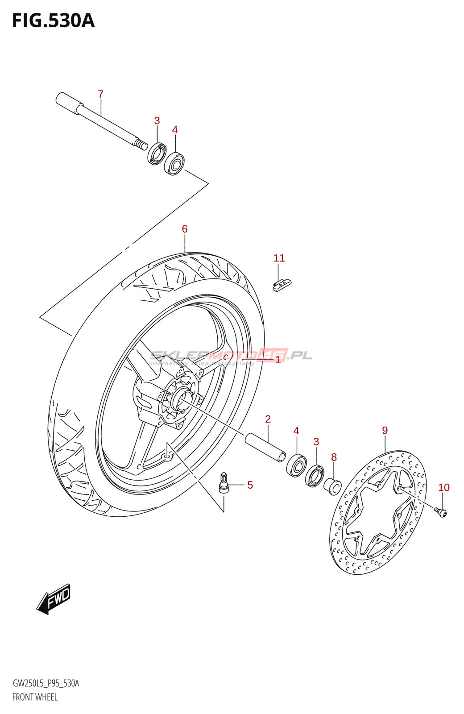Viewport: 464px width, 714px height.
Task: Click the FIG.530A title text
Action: (x=53, y=21)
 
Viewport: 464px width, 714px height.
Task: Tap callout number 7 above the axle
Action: (x=101, y=94)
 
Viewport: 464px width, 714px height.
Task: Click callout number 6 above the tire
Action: (x=185, y=229)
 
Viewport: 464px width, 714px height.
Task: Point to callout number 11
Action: (x=279, y=258)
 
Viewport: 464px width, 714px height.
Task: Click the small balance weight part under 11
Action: (x=282, y=285)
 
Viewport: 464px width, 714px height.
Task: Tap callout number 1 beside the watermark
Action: (x=278, y=360)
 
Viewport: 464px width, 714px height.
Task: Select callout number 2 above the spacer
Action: (x=268, y=419)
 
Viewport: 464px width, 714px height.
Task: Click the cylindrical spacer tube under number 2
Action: (x=265, y=447)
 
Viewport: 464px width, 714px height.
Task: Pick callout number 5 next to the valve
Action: (x=250, y=485)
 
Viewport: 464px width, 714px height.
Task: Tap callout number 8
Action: (x=334, y=457)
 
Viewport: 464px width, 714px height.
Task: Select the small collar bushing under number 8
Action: (x=332, y=485)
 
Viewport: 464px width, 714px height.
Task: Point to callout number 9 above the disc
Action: (x=385, y=431)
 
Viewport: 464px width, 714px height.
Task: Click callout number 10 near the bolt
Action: (x=443, y=487)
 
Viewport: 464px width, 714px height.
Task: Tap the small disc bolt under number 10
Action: (x=441, y=512)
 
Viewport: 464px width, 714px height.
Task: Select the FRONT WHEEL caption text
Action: (x=35, y=697)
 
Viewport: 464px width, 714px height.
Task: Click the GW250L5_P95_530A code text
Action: (x=46, y=683)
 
